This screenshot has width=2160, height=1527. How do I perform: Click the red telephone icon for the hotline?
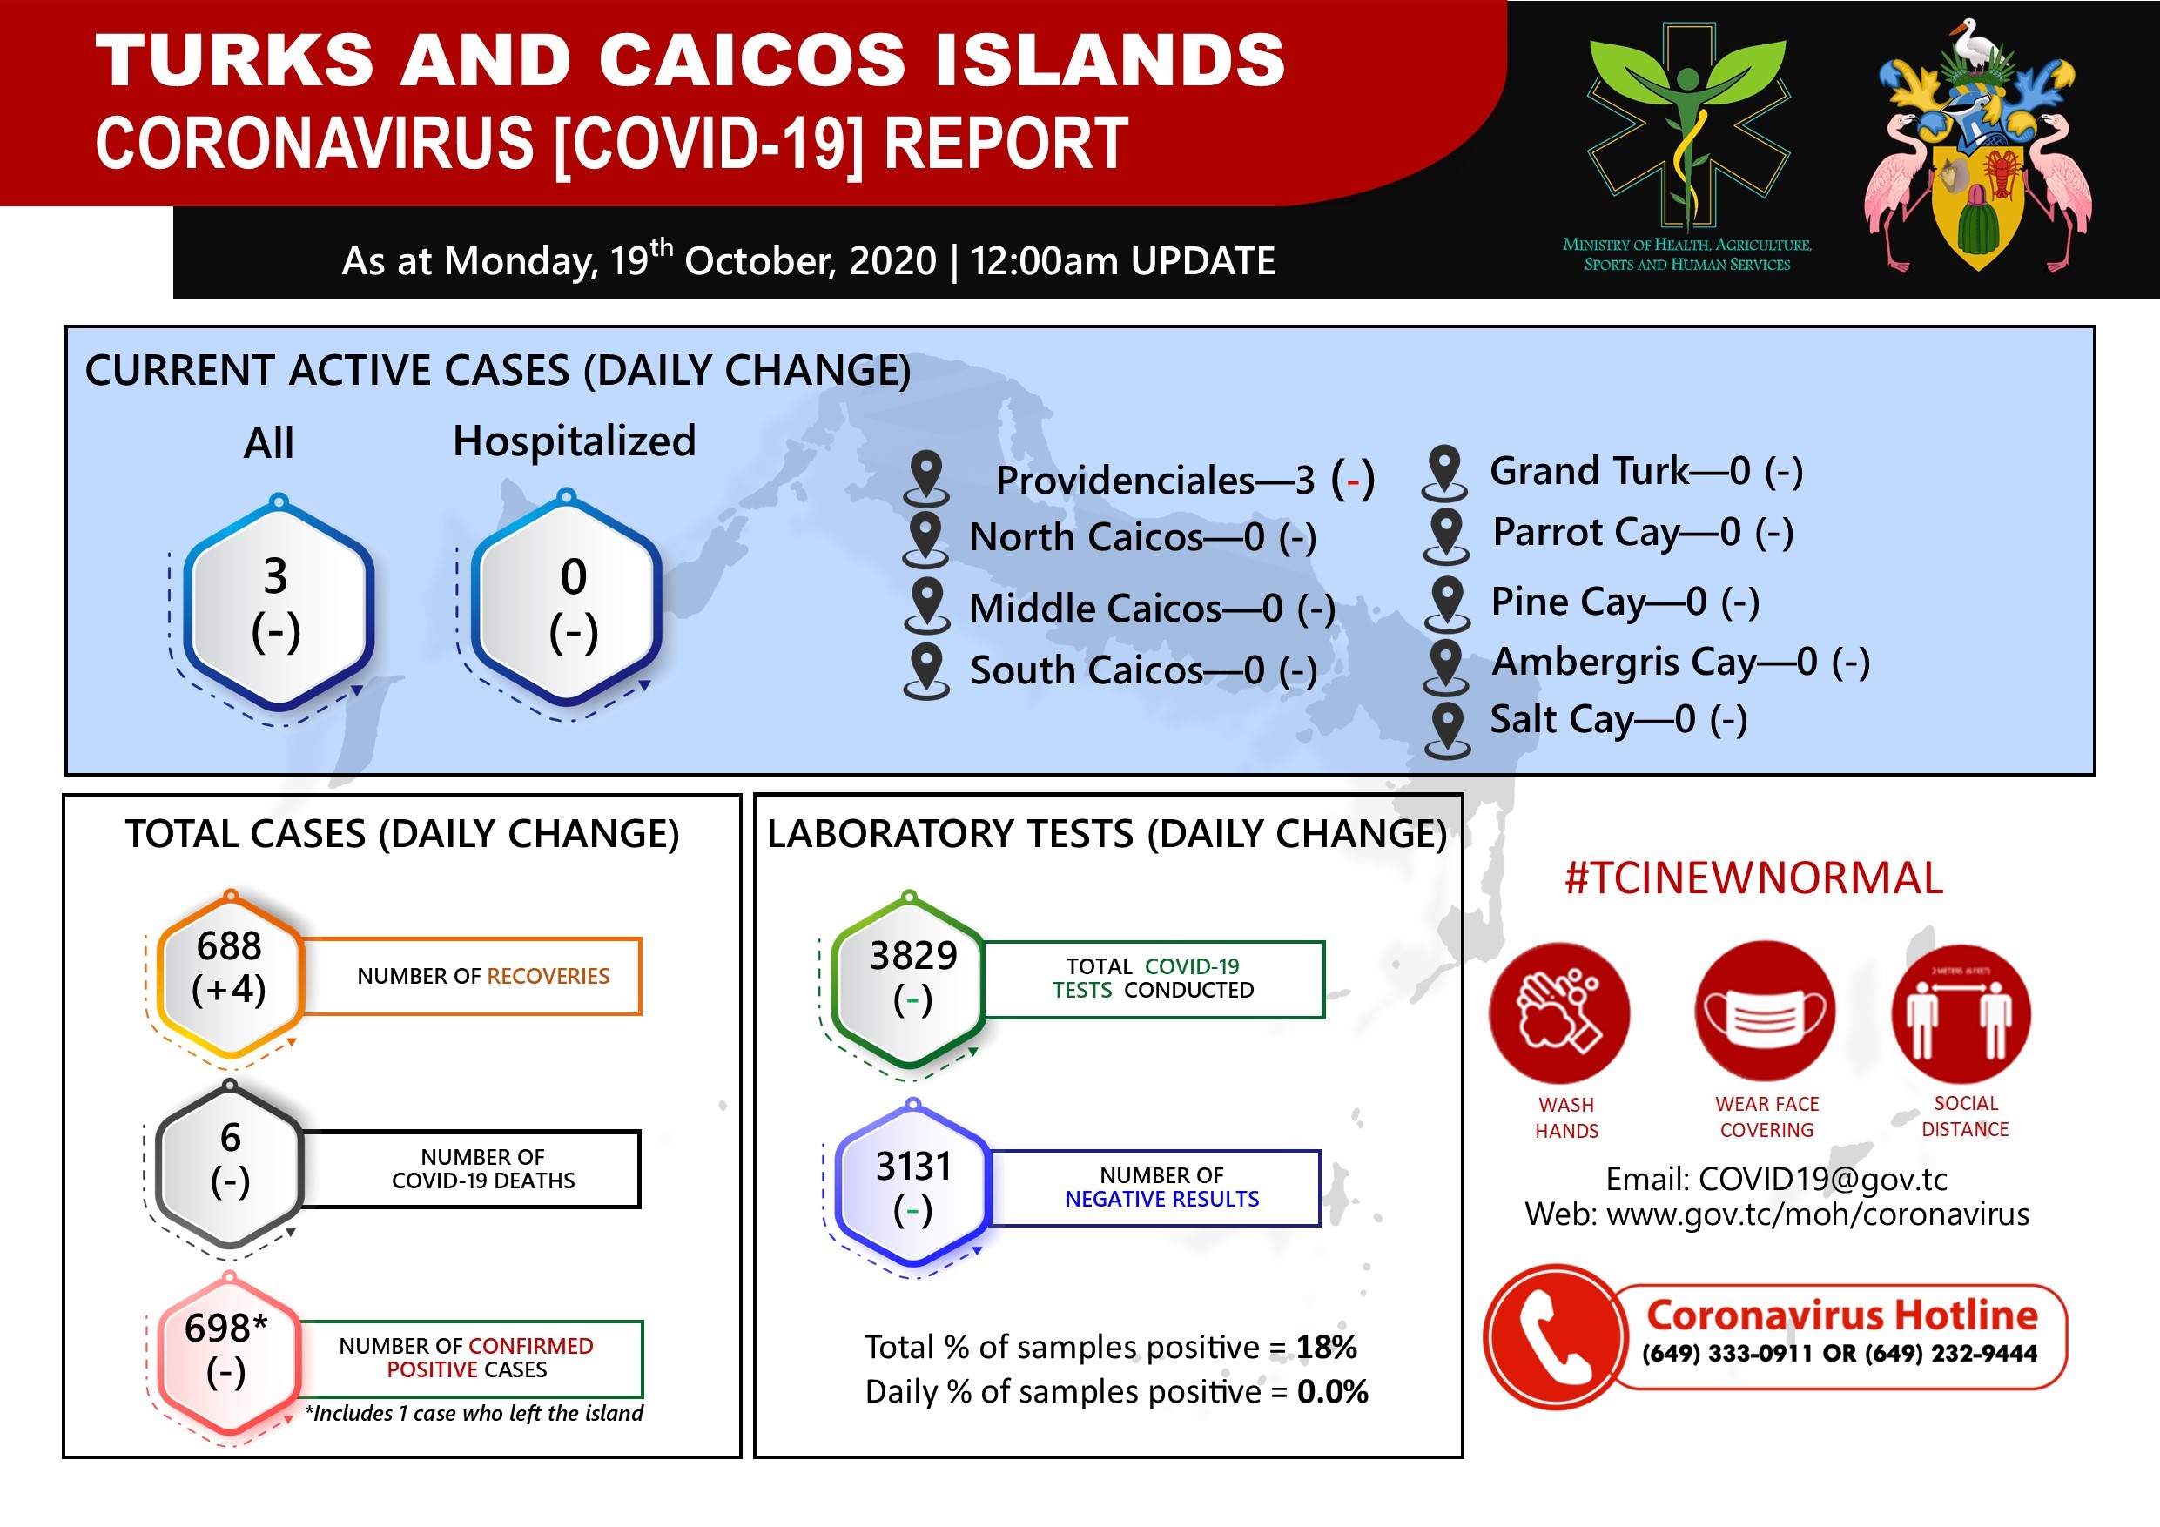(1556, 1336)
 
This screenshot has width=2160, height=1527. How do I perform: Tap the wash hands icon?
(1560, 1012)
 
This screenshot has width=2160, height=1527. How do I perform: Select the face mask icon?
(1764, 1012)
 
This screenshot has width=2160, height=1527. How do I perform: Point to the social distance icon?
(1961, 1012)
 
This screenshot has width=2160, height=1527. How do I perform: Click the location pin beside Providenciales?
(926, 477)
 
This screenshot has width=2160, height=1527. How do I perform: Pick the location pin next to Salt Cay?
(1447, 730)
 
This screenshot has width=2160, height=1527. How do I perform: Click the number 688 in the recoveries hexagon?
(229, 945)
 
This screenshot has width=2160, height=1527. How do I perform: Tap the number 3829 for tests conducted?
(912, 955)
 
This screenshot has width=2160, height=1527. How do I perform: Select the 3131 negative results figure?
(913, 1167)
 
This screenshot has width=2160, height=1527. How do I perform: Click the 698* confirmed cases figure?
(225, 1328)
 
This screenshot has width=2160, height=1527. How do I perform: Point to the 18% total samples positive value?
(1327, 1348)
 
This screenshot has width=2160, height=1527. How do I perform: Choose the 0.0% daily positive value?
(1332, 1391)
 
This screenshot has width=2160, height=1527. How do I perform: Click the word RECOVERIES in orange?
(548, 976)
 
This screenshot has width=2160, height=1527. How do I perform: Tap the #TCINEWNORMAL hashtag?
(1753, 878)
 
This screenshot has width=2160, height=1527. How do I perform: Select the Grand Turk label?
(1589, 470)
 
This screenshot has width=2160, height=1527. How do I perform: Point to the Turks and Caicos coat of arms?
(1978, 146)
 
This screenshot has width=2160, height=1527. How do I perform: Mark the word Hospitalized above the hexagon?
(574, 441)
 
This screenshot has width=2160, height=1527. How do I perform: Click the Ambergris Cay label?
(1624, 663)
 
